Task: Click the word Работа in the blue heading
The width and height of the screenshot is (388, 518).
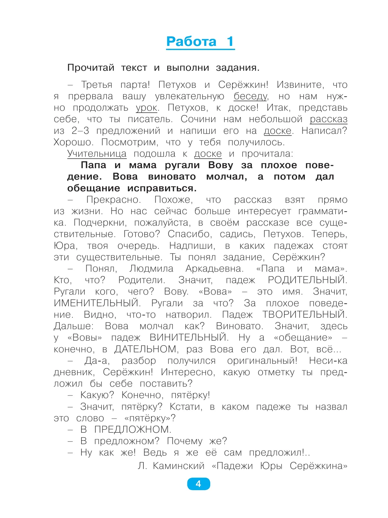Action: (191, 42)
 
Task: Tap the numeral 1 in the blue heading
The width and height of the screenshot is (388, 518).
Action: (230, 42)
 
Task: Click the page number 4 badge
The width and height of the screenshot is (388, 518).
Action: (198, 484)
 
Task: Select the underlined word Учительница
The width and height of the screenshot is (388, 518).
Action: (97, 154)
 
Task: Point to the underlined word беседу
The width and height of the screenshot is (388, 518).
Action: (251, 96)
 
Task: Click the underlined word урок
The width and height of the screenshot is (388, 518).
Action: (146, 108)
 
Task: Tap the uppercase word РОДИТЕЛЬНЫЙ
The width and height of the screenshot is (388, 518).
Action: (307, 280)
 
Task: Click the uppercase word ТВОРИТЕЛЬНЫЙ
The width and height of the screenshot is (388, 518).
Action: (305, 315)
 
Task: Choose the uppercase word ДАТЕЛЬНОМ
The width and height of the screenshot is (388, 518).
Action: (146, 349)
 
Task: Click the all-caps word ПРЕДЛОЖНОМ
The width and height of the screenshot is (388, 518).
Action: (133, 430)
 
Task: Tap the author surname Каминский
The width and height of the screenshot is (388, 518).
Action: (178, 466)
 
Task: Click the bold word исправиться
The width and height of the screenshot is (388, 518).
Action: (162, 188)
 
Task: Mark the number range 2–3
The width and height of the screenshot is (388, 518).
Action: (80, 131)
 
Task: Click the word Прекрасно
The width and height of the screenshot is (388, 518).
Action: (114, 200)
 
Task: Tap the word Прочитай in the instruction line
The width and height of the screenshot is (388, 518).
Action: (91, 68)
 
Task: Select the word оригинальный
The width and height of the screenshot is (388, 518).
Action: (262, 360)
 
